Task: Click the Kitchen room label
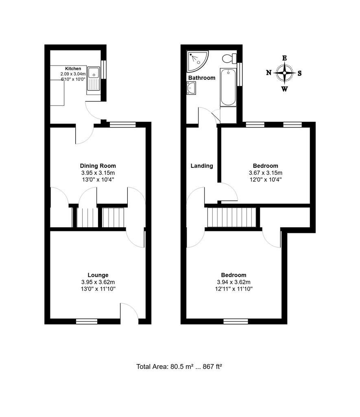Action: [73, 68]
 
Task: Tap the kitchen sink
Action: [94, 80]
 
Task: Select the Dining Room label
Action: [98, 166]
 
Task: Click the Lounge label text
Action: [98, 275]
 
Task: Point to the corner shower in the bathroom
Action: [197, 61]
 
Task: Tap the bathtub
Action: [228, 88]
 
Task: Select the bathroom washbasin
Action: [191, 88]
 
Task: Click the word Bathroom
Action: [202, 78]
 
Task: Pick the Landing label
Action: [202, 166]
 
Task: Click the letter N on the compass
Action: [269, 72]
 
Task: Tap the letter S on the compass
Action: [299, 73]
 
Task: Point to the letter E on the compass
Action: [284, 58]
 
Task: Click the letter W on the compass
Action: [284, 89]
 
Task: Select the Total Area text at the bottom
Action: [179, 367]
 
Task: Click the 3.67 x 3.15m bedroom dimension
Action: [265, 173]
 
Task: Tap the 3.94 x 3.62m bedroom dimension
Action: [233, 282]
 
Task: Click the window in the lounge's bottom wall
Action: [87, 321]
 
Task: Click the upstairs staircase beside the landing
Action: [231, 217]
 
